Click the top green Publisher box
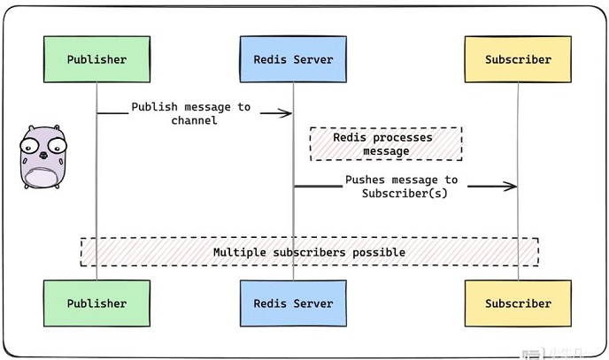(96, 60)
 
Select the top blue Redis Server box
(293, 60)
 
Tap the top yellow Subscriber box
(518, 60)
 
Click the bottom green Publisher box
(96, 303)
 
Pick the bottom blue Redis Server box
(293, 303)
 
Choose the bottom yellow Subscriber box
(518, 303)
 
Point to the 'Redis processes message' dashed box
(385, 144)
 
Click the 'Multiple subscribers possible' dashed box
(309, 252)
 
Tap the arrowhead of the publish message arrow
(287, 113)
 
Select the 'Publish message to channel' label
(191, 113)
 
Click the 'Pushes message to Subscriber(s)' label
(401, 186)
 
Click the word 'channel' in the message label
(194, 120)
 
